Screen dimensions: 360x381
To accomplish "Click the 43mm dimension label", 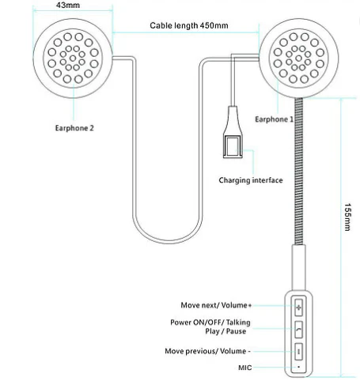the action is tap(68, 5).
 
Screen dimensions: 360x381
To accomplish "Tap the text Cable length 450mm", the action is tap(189, 25).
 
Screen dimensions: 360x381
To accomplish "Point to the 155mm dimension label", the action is tap(347, 217).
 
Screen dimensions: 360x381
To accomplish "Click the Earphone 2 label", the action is tap(74, 128).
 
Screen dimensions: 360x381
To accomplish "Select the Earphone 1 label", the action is tap(274, 119).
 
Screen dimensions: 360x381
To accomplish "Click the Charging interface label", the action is tap(251, 180).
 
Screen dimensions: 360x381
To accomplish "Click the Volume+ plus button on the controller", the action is tap(298, 307).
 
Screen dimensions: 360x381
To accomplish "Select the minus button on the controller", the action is tap(298, 352).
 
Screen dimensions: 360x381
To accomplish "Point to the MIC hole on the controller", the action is tap(298, 367).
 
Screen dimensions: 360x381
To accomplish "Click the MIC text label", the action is tap(245, 368).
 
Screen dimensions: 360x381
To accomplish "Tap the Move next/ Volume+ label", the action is tap(216, 305).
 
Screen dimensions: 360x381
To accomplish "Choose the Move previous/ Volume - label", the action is tap(207, 351).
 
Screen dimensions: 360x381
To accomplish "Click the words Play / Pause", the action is tap(225, 331).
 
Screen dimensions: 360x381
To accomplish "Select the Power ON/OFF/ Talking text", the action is tap(210, 323).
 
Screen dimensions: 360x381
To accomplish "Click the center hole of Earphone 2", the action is tap(73, 58).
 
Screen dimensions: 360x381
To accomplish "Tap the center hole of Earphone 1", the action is tap(298, 58).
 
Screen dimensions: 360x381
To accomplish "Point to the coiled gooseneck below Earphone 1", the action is tap(299, 172).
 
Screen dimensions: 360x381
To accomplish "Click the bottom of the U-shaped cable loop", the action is tap(168, 242).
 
